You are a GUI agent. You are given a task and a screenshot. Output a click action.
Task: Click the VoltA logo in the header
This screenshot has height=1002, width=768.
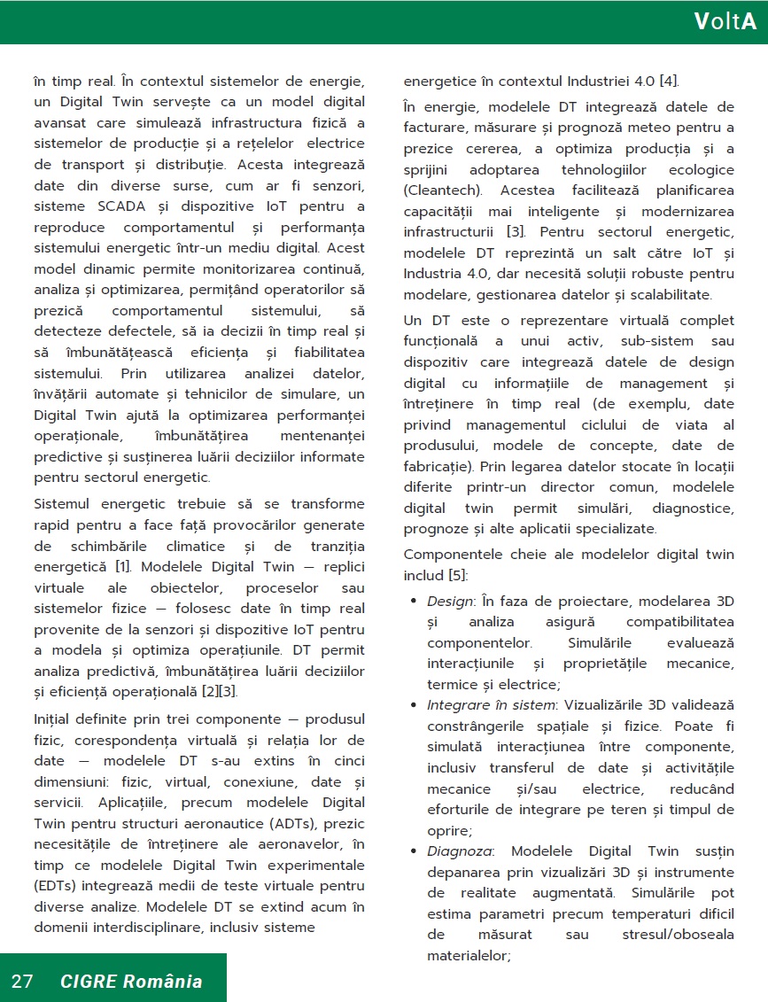pyautogui.click(x=725, y=22)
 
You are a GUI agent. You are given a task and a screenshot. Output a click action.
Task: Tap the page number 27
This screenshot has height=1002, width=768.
pyautogui.click(x=22, y=981)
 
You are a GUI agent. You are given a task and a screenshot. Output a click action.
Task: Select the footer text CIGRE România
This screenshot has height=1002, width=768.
pyautogui.click(x=131, y=981)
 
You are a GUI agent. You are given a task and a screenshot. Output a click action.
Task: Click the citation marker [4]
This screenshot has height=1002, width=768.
pyautogui.click(x=670, y=82)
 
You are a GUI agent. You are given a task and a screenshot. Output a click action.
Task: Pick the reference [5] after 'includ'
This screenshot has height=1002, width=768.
pyautogui.click(x=455, y=576)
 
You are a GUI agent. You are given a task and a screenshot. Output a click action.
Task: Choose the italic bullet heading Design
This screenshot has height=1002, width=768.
pyautogui.click(x=449, y=602)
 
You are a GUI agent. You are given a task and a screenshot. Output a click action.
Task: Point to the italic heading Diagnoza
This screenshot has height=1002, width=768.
pyautogui.click(x=455, y=851)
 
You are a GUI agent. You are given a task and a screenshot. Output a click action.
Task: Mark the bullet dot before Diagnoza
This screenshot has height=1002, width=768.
pyautogui.click(x=414, y=851)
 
